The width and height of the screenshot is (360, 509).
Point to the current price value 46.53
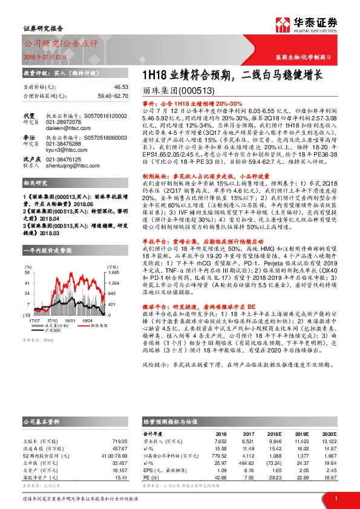(x=120, y=87)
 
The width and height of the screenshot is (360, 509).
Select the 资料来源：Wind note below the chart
(x=37, y=340)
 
